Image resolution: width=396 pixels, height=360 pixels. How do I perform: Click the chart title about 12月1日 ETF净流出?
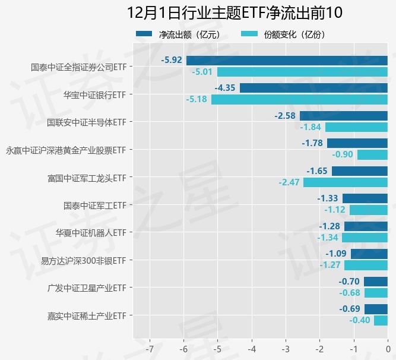click(235, 12)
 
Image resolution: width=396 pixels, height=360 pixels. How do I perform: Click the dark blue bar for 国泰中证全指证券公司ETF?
click(287, 60)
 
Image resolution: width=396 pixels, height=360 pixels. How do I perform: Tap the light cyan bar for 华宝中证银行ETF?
click(299, 100)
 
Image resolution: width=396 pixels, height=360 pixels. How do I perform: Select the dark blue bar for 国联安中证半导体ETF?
click(343, 115)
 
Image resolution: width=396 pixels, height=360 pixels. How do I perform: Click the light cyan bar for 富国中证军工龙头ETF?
click(345, 182)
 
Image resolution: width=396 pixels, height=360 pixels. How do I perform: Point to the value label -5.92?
click(171, 60)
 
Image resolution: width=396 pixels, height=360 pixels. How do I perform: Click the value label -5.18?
click(196, 100)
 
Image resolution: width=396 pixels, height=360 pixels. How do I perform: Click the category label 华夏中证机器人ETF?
click(91, 232)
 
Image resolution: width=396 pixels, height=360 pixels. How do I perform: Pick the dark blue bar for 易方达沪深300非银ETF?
click(369, 254)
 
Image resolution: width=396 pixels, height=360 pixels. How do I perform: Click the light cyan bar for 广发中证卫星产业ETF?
click(376, 293)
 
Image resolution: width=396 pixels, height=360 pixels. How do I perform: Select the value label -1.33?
click(328, 198)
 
